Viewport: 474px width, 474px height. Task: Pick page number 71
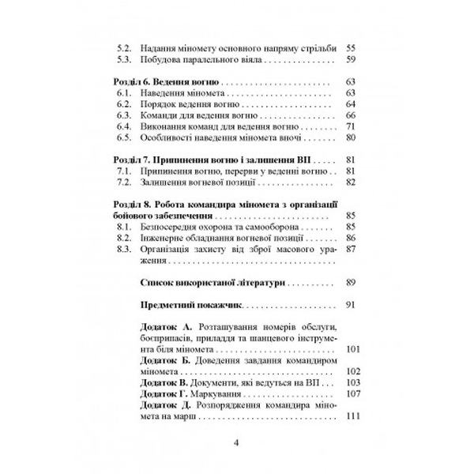pyautogui.click(x=352, y=126)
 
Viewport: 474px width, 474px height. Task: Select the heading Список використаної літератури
pyautogui.click(x=209, y=282)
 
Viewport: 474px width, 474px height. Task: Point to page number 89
pyautogui.click(x=352, y=282)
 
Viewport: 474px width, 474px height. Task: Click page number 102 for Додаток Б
pyautogui.click(x=352, y=371)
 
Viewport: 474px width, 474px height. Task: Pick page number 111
pyautogui.click(x=352, y=416)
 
